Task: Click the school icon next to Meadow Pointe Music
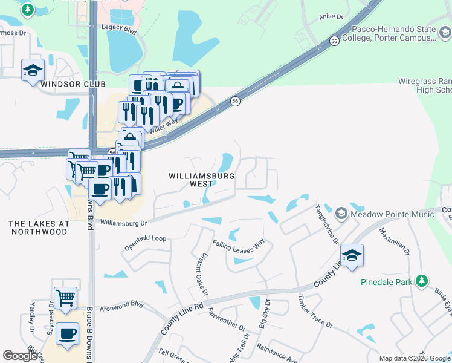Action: [341, 214]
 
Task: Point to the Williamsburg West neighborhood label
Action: [190, 179]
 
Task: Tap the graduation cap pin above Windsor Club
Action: [33, 70]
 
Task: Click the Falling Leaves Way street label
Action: [239, 244]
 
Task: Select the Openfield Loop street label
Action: [145, 238]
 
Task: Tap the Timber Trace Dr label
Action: [315, 312]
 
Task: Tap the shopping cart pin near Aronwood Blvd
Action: [65, 298]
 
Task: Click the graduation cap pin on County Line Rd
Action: [352, 255]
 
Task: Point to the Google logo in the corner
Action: [20, 356]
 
